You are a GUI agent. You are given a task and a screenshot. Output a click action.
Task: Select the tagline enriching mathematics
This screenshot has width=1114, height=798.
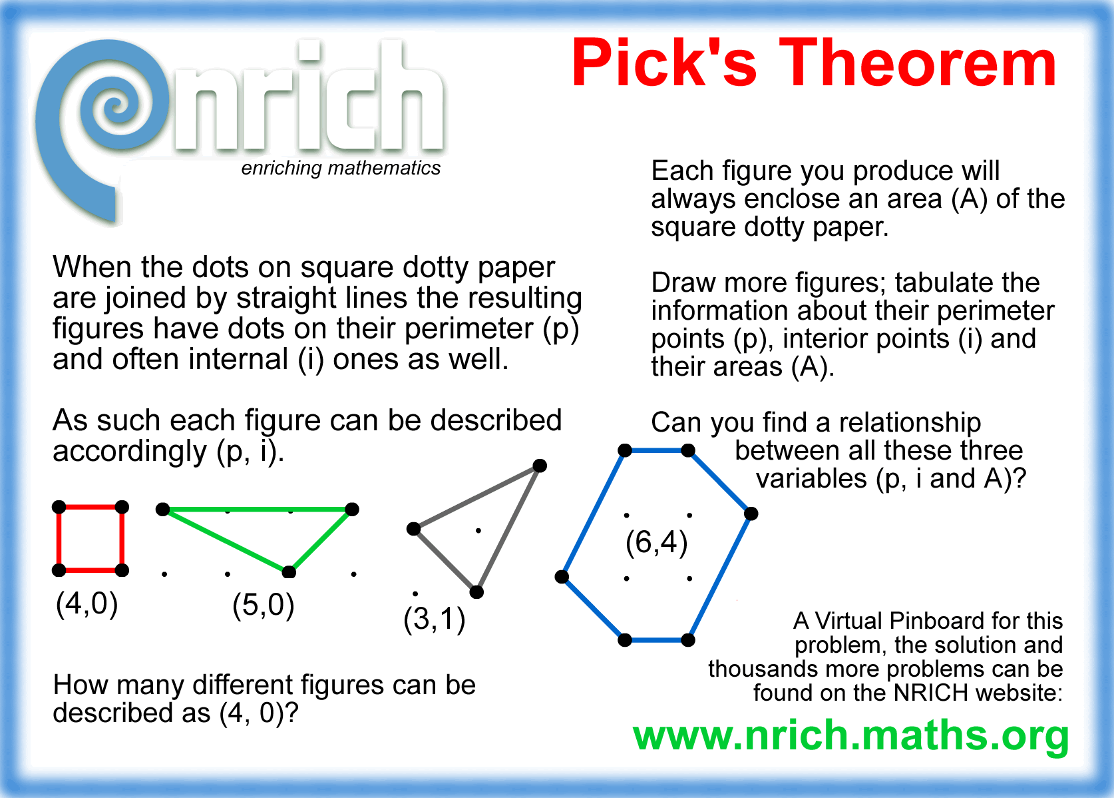341,169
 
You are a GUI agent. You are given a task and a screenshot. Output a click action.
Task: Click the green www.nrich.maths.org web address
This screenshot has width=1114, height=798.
850,736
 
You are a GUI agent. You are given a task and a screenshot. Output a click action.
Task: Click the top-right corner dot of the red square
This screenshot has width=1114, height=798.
122,508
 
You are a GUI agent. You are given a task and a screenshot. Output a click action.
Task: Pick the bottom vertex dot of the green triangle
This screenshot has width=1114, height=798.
289,572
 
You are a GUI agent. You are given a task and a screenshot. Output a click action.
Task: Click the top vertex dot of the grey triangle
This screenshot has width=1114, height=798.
540,466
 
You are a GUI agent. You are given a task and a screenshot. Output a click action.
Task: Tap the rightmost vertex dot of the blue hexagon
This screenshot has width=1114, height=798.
751,514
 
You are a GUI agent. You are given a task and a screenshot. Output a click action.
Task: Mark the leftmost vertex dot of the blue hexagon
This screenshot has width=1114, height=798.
562,576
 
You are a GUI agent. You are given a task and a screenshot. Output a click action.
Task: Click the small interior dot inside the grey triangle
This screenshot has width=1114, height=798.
478,531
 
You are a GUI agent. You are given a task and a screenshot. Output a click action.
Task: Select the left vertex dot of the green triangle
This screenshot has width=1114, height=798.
162,510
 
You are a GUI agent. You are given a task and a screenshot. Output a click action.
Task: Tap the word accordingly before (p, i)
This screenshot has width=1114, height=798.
130,452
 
